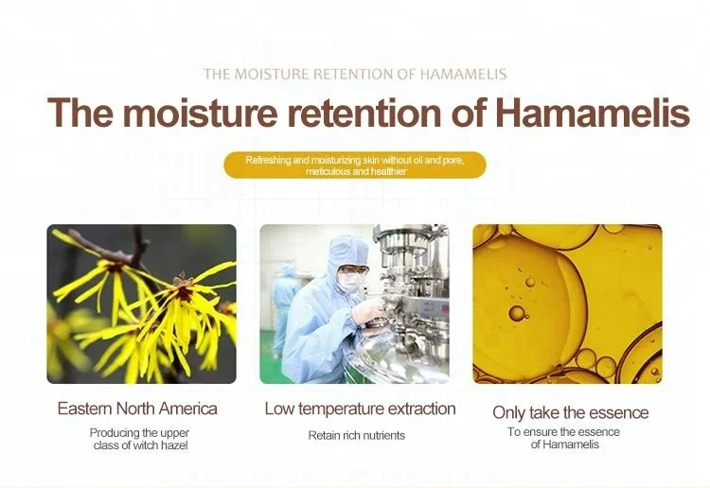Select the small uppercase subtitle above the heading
[x=355, y=74]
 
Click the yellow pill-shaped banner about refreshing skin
[x=355, y=166]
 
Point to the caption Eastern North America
[x=137, y=410]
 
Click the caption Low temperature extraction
[x=360, y=410]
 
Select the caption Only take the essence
[x=570, y=412]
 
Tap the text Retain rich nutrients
[x=356, y=436]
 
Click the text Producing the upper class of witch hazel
[x=139, y=439]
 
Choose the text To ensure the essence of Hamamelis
[x=563, y=439]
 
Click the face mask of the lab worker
[x=348, y=282]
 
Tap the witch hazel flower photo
[x=141, y=304]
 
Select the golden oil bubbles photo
[x=567, y=304]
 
